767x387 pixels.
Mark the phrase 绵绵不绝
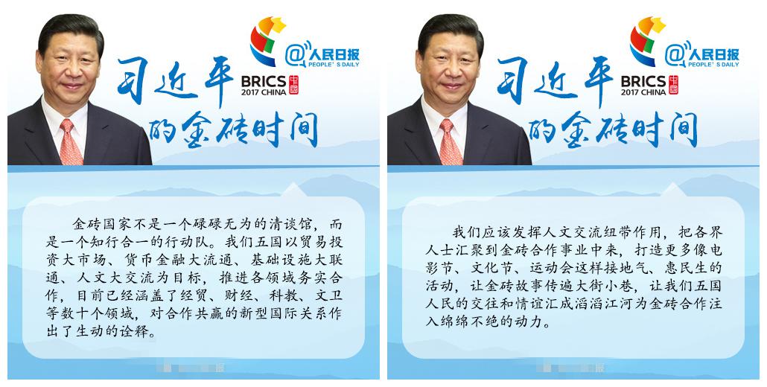tap(470, 322)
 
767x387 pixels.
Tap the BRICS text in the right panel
tap(643, 81)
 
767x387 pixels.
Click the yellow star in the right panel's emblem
tap(658, 25)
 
